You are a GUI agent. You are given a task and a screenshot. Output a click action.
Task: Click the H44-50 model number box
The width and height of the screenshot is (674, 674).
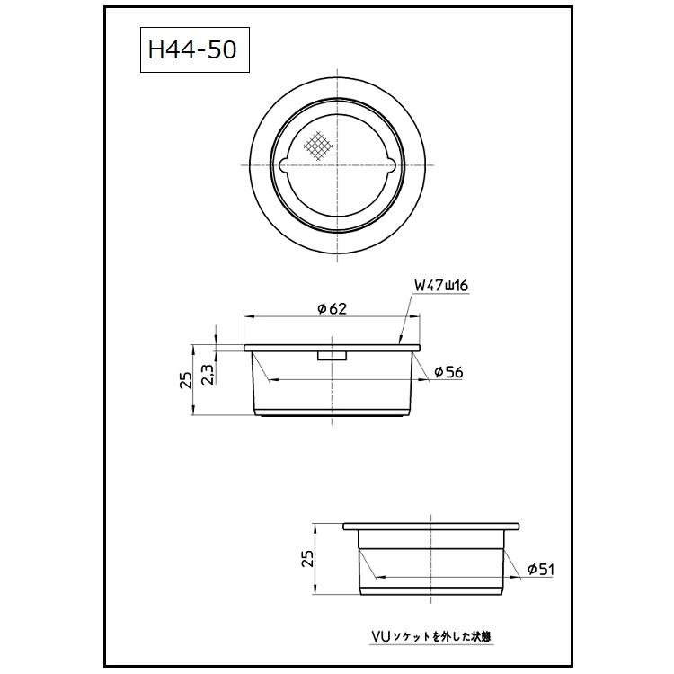[192, 51]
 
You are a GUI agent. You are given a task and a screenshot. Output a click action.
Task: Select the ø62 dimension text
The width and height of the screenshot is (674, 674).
[332, 308]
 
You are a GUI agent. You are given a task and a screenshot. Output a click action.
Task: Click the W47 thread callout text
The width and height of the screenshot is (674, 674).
[441, 286]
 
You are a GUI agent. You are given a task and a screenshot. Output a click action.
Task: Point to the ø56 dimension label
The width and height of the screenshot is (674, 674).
[448, 372]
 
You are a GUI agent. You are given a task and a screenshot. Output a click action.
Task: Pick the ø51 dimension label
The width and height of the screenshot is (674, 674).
[542, 569]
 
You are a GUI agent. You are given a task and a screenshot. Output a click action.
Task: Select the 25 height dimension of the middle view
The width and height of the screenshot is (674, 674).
[184, 380]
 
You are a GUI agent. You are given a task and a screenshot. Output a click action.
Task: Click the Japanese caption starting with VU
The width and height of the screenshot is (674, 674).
[430, 636]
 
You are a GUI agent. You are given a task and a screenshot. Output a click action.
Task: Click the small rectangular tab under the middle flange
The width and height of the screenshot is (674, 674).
[333, 357]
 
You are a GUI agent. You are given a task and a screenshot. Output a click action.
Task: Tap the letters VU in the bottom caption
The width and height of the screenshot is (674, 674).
[379, 636]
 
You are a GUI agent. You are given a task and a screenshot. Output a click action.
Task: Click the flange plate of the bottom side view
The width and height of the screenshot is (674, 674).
[432, 525]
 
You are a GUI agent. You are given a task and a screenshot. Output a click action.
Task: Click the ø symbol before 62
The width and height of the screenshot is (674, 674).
[322, 308]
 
